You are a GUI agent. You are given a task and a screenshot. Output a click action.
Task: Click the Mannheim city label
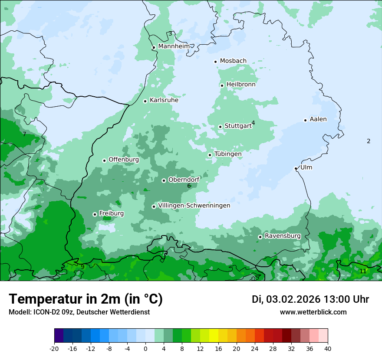point(174,46)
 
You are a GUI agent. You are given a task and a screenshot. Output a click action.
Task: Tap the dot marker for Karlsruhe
point(145,101)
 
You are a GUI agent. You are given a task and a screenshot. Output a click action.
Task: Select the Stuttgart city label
point(238,126)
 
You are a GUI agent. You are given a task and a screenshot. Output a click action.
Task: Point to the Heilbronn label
point(241,85)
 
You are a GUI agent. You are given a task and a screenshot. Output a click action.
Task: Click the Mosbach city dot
point(215,62)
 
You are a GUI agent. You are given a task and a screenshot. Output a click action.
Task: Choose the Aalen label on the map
point(318,119)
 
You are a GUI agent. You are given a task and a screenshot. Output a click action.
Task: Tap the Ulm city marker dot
point(296,168)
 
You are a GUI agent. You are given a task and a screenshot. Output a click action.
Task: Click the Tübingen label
point(228,154)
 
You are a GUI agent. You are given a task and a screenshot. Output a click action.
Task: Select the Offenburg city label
point(124,160)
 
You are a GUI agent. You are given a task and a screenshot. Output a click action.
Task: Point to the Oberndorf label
point(184,180)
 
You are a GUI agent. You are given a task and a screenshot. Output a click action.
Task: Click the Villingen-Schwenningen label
point(194,206)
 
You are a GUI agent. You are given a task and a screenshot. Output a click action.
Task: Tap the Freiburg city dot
point(95,214)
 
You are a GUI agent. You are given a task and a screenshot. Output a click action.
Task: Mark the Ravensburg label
point(283,236)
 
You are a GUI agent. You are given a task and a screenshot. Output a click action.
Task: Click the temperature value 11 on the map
point(363,271)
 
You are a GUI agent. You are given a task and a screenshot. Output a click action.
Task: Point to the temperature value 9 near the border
point(82,267)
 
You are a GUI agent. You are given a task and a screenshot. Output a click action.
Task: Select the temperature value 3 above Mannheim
point(170,34)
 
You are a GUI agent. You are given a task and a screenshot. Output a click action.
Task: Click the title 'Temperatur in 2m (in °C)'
point(86,299)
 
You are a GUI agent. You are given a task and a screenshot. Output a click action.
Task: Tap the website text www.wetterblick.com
point(313,312)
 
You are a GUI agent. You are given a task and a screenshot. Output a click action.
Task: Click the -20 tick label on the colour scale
point(54,348)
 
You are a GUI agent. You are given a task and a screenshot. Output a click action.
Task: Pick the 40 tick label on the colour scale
point(328,348)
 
